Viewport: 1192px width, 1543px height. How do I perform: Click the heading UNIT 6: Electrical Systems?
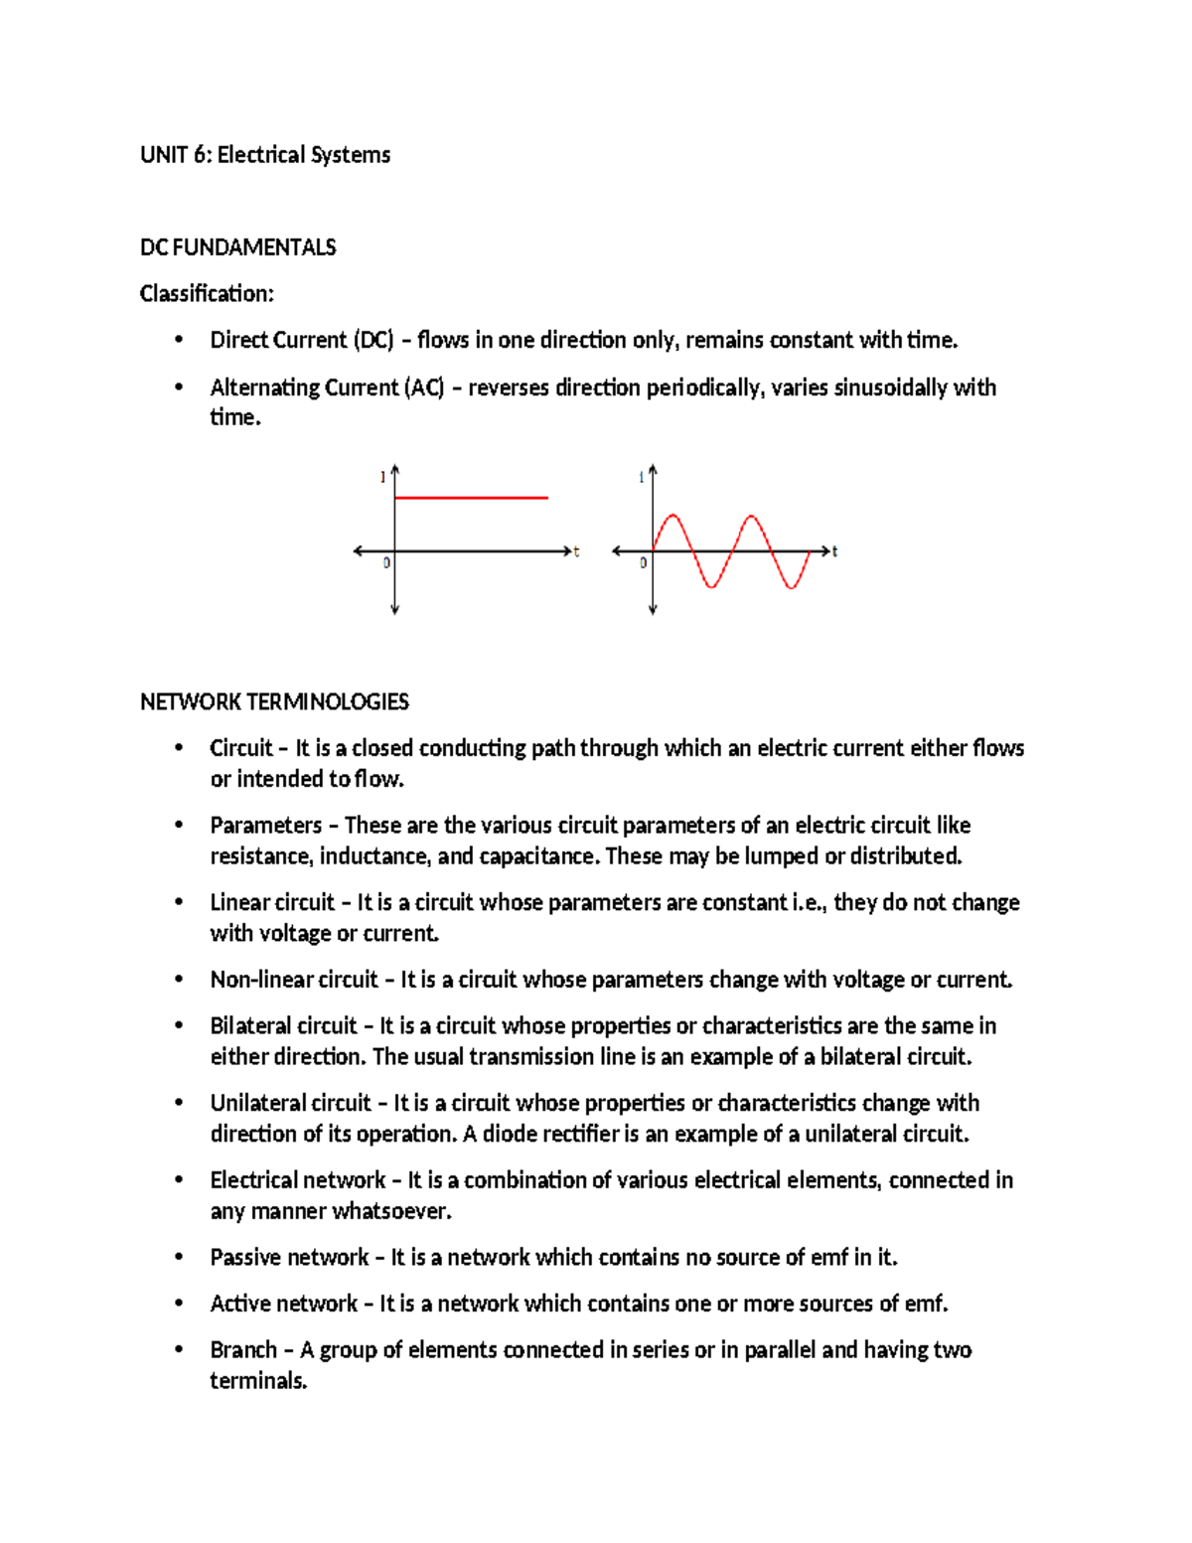[265, 155]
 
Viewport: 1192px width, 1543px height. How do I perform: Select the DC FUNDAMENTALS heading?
[237, 247]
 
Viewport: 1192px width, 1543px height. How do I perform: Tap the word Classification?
[207, 294]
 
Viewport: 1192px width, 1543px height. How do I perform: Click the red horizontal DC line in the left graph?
[471, 497]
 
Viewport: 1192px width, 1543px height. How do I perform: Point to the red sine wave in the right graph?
[731, 550]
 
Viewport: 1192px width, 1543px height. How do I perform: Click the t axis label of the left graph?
[576, 551]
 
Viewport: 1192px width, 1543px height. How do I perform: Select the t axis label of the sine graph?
[834, 551]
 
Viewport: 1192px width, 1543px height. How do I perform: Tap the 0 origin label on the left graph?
[386, 563]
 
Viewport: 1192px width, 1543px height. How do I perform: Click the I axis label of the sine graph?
[641, 478]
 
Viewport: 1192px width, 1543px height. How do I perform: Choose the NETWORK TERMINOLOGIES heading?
[274, 702]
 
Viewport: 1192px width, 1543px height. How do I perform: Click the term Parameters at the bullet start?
[265, 826]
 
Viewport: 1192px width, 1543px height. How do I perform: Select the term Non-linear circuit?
[294, 980]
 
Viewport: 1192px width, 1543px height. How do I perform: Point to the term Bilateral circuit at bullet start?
[283, 1026]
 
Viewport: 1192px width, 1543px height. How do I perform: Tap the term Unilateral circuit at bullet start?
[290, 1103]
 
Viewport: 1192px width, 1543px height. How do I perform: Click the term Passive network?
[289, 1258]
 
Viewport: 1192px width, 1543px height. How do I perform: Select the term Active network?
[283, 1304]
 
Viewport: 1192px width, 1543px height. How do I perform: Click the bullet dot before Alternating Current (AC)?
[179, 387]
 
